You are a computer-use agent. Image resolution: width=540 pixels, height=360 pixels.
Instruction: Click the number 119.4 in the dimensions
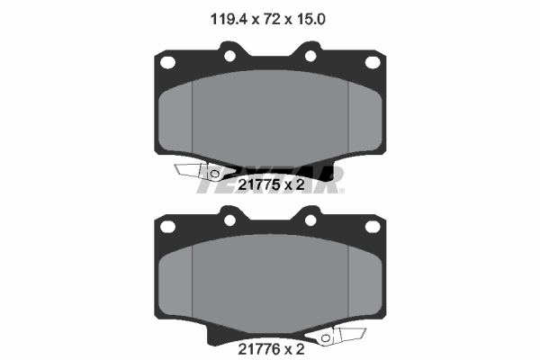[x=229, y=20]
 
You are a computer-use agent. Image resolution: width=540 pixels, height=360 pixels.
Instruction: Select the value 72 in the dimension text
[x=272, y=20]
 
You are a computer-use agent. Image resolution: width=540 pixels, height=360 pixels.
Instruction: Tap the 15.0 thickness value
[x=310, y=20]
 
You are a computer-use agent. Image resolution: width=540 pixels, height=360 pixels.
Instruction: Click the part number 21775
[x=259, y=185]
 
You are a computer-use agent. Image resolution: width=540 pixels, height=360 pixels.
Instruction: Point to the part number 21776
[x=259, y=349]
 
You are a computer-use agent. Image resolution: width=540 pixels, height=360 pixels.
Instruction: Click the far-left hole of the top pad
[x=167, y=63]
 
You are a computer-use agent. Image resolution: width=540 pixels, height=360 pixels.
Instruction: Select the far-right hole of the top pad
[x=373, y=63]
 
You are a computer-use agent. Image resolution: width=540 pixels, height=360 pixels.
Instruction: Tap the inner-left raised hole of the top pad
[x=229, y=56]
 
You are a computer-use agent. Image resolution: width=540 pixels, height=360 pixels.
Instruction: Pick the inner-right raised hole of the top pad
[x=310, y=56]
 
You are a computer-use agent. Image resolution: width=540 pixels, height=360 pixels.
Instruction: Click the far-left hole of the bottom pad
[x=167, y=227]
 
